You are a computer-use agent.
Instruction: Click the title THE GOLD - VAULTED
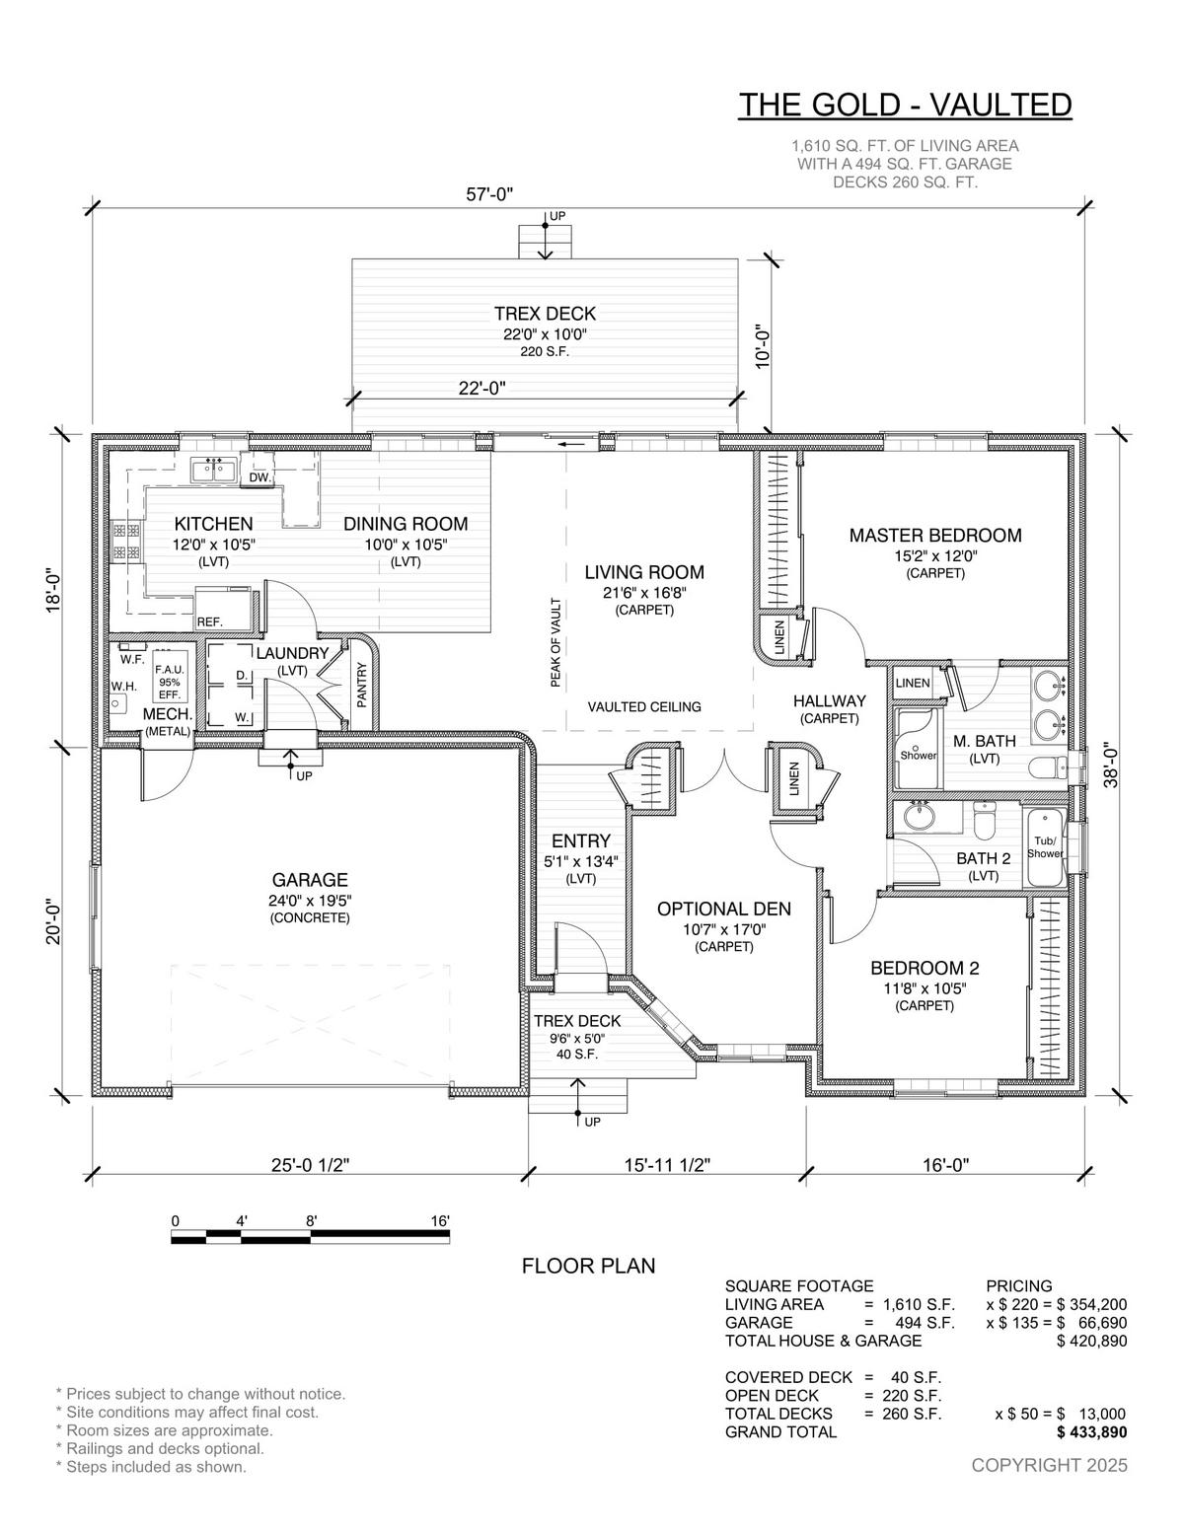point(906,105)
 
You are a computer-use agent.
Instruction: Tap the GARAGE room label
point(310,880)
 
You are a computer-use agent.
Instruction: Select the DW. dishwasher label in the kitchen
point(260,477)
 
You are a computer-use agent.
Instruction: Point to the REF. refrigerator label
point(210,621)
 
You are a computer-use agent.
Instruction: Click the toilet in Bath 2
point(983,819)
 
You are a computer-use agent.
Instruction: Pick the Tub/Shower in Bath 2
point(1044,847)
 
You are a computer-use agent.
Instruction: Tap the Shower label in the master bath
point(919,755)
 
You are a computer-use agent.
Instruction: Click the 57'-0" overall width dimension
point(488,194)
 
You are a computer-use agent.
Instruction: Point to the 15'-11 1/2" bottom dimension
point(667,1165)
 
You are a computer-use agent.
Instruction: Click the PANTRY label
point(362,684)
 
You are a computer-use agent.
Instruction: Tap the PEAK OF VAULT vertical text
point(555,643)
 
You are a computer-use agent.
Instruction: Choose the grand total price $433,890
point(1091,1432)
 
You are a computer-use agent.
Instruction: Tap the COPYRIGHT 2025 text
point(1049,1465)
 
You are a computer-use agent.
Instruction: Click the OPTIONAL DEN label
point(724,909)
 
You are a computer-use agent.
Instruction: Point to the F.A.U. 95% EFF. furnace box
point(169,680)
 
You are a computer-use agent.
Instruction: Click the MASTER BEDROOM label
point(935,535)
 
